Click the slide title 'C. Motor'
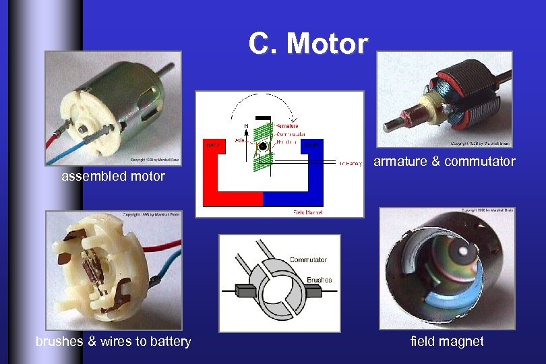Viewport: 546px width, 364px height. coord(308,44)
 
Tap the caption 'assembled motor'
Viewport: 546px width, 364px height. coord(113,177)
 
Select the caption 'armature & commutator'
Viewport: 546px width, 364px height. coord(444,161)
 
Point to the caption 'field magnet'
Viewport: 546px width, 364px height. coord(447,341)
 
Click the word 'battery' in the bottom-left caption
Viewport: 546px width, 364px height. coord(171,341)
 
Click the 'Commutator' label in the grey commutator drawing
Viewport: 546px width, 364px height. coord(308,260)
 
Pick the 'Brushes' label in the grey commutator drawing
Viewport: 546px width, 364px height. coord(319,279)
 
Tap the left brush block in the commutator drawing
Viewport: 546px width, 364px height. coord(245,291)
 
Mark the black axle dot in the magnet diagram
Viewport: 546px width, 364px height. coord(263,146)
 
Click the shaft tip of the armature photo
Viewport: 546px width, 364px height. coord(390,125)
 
